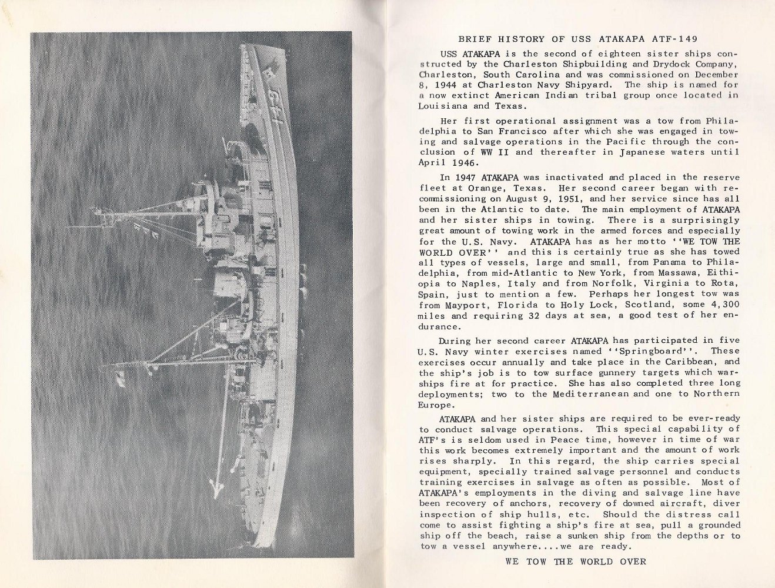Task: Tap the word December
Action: [x=717, y=75]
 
